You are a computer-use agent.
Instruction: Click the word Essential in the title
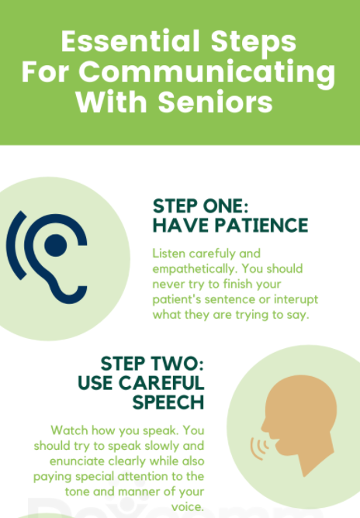(130, 41)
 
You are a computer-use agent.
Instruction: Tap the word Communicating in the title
(207, 74)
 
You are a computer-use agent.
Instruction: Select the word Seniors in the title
(215, 102)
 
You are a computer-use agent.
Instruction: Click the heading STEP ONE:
(200, 206)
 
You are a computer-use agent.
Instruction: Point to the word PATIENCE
(261, 226)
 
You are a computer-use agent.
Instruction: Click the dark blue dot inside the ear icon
(56, 246)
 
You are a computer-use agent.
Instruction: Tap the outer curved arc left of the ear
(16, 245)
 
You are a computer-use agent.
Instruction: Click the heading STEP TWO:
(152, 364)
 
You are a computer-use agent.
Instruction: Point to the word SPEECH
(168, 402)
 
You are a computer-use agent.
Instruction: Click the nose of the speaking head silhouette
(264, 426)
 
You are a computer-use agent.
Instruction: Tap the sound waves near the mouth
(259, 449)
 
